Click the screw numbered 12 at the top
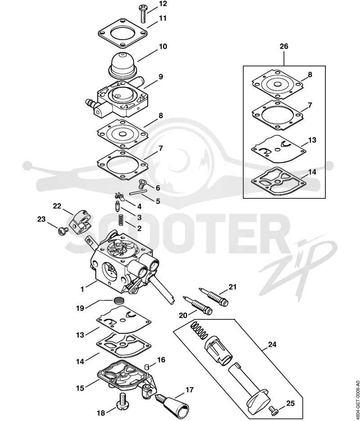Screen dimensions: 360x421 coord(142,15)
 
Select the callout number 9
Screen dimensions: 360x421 coord(160,77)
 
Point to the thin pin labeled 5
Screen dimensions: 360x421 coord(138,192)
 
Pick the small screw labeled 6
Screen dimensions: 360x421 coord(142,184)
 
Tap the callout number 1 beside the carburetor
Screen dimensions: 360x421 coord(82,289)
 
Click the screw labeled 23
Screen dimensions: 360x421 coord(63,231)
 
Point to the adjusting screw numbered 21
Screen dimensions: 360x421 coord(213,297)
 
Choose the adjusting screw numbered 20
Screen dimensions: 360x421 coord(198,306)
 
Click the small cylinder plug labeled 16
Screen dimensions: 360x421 coord(147,367)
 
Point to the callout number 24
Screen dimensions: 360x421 coord(272,344)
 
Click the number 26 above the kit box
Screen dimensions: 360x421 coord(283,46)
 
